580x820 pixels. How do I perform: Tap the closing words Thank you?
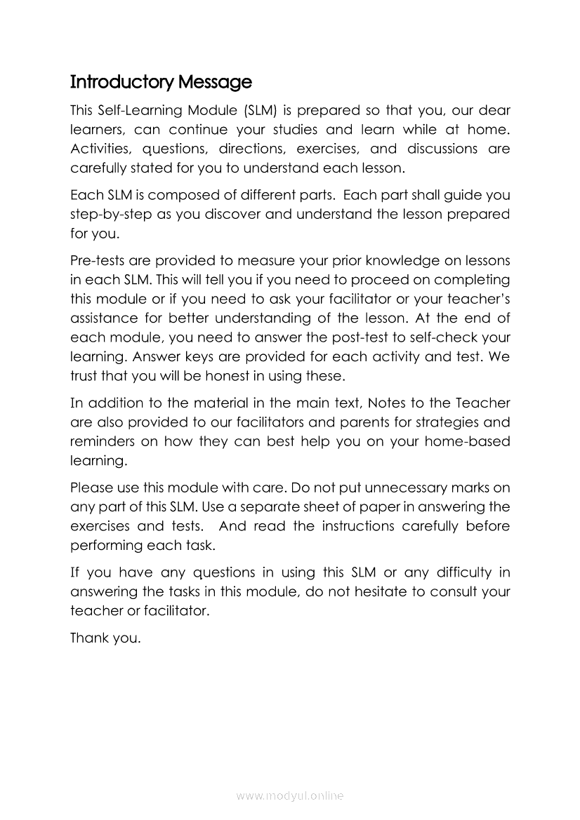pos(106,639)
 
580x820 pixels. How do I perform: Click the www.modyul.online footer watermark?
pos(290,796)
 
